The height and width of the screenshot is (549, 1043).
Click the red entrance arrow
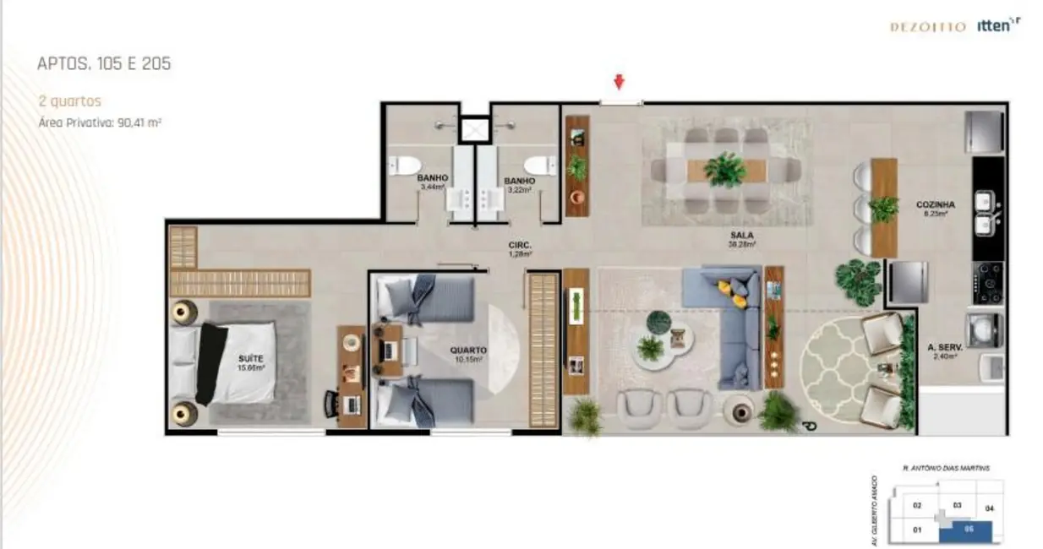coord(620,81)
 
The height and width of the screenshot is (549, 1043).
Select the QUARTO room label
coord(467,350)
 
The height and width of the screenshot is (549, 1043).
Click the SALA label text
coord(744,235)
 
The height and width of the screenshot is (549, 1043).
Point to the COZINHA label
coord(935,205)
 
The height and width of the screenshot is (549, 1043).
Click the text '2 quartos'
coord(70,101)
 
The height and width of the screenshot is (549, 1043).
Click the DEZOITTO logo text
coord(927,27)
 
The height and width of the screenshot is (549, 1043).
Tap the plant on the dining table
coord(725,170)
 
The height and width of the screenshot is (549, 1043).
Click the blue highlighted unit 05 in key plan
coord(969,530)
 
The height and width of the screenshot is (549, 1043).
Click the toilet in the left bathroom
coord(402,164)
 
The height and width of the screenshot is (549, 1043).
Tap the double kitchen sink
coord(985,212)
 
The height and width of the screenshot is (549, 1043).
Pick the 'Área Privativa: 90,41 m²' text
coord(100,122)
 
